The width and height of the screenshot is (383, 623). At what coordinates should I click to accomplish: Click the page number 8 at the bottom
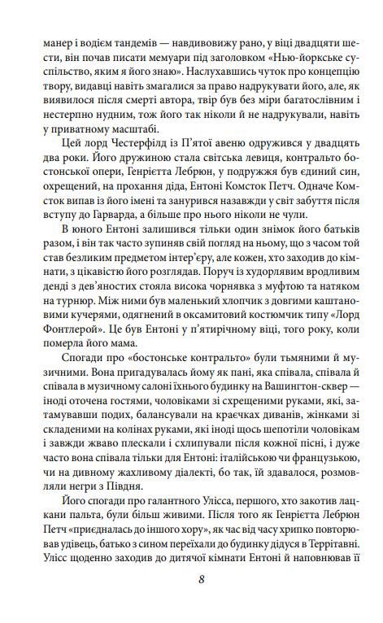tap(192, 579)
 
